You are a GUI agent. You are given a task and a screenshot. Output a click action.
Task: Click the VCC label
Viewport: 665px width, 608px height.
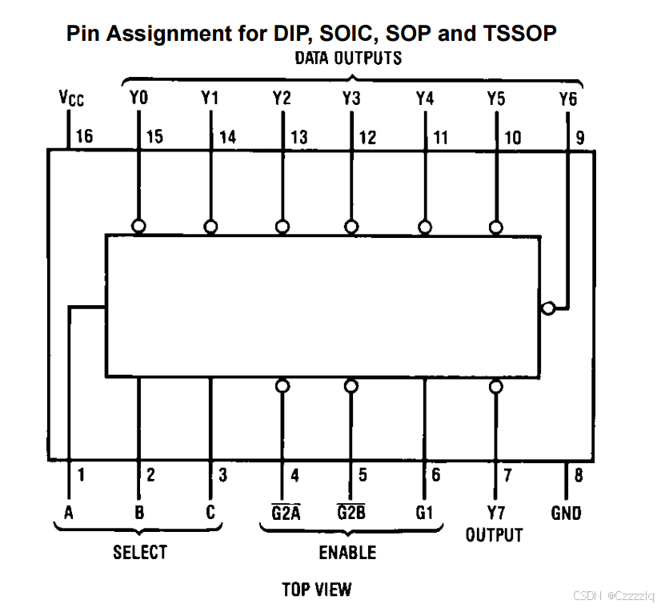click(71, 99)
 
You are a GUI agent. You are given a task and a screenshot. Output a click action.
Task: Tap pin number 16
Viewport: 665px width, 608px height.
click(84, 136)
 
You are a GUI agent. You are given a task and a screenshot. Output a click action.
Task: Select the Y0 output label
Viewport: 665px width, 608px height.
click(138, 99)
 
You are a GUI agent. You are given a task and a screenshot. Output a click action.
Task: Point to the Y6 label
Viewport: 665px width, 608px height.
click(567, 99)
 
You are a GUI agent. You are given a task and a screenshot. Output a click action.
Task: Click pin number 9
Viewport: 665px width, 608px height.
click(580, 137)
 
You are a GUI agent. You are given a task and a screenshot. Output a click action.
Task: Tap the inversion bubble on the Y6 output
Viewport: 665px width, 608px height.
click(547, 308)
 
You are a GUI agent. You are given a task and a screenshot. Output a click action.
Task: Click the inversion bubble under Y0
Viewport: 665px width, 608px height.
click(139, 227)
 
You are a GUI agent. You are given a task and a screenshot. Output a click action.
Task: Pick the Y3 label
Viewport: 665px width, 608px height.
click(351, 99)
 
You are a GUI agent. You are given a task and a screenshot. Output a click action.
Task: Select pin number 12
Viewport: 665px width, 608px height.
click(367, 137)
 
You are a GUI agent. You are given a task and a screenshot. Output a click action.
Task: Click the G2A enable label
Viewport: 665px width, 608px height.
click(286, 513)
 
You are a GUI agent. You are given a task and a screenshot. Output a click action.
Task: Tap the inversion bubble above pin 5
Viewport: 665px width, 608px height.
click(351, 386)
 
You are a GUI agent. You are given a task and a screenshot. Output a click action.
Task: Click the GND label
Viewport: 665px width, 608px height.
click(567, 513)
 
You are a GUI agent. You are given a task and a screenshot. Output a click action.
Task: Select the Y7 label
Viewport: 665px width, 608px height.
click(496, 513)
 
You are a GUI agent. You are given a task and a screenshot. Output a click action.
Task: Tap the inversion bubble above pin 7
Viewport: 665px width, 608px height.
click(496, 387)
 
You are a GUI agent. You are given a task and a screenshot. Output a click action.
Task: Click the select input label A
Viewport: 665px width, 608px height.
click(69, 513)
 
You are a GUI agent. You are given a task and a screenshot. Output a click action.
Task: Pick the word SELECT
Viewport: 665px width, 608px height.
click(140, 552)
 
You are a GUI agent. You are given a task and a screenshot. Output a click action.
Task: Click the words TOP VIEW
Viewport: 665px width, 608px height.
click(316, 590)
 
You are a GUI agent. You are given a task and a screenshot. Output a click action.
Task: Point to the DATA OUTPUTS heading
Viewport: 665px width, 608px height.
click(348, 58)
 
